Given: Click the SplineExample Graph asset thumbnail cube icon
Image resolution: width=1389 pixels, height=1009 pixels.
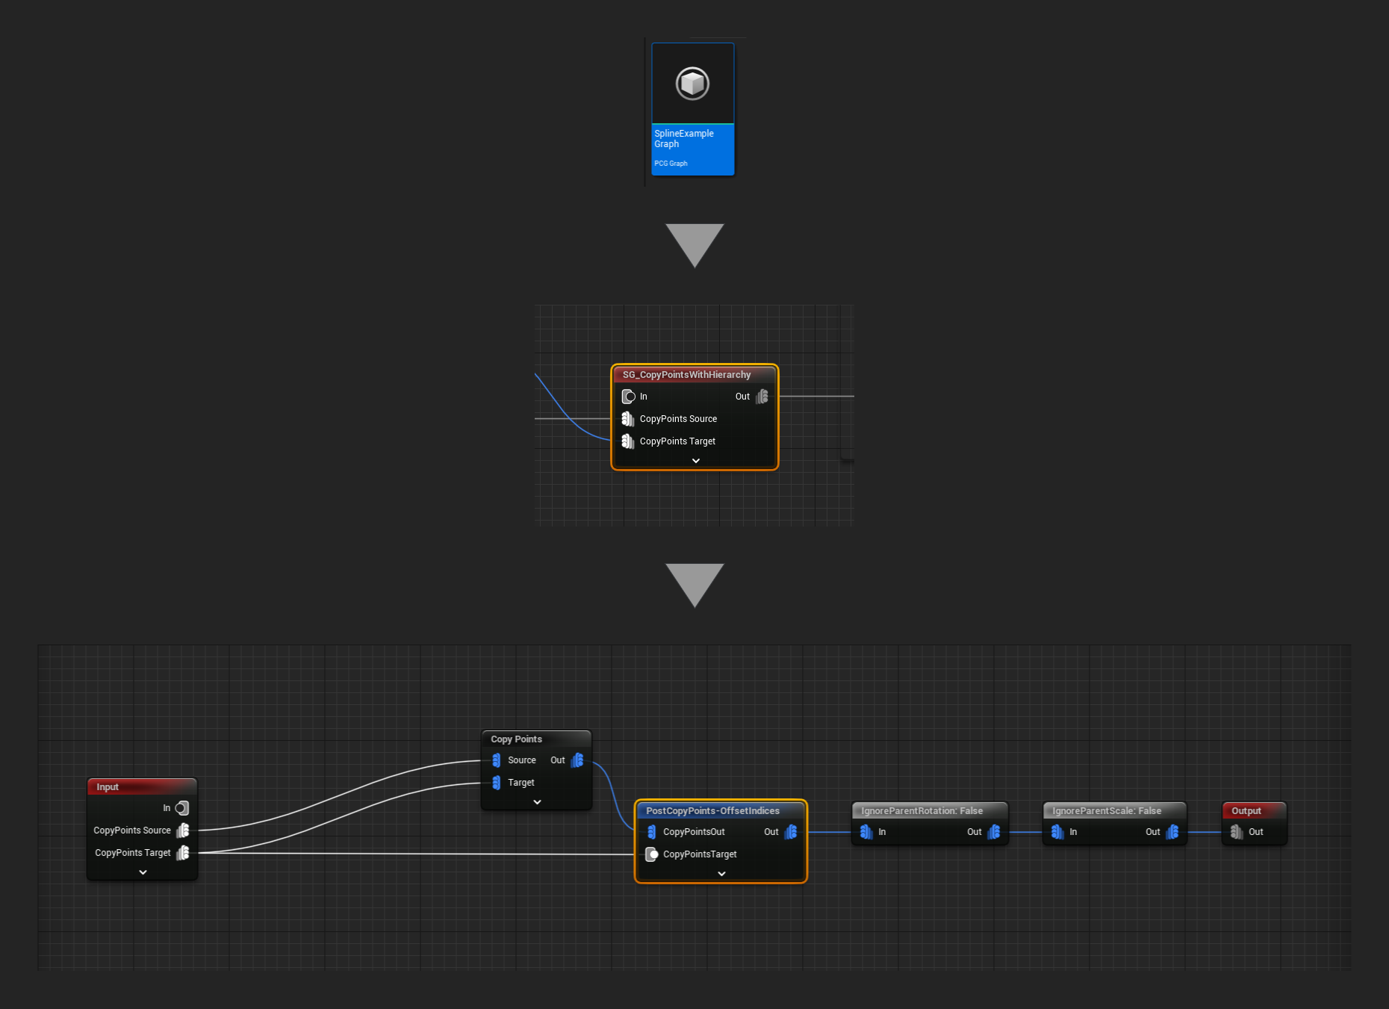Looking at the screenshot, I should click(692, 84).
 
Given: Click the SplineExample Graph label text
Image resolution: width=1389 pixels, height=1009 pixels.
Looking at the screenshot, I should click(683, 139).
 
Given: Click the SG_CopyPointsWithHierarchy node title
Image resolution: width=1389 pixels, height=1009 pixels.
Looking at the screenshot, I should click(686, 375).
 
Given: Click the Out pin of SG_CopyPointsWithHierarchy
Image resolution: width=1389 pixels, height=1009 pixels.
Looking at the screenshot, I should click(762, 397).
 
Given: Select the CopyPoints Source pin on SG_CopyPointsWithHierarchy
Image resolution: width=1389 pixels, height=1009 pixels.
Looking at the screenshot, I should click(628, 419).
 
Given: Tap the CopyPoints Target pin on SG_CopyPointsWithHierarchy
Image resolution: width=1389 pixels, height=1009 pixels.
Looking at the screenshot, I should click(628, 441).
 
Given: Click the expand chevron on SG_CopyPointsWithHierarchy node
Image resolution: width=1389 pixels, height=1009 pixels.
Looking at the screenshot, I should click(695, 461).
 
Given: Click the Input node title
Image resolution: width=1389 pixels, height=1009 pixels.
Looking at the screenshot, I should click(108, 787).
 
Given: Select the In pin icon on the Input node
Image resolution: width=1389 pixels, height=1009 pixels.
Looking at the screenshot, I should click(182, 808).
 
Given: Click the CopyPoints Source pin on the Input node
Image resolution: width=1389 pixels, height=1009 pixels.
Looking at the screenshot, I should click(183, 831).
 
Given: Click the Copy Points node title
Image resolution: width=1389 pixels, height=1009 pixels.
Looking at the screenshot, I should click(516, 739).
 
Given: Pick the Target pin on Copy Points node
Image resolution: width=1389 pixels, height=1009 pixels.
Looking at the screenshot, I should click(497, 783).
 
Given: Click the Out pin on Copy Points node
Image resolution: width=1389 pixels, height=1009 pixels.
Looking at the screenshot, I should click(577, 760).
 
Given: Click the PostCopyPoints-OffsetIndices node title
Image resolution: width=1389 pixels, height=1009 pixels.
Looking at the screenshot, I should click(712, 811).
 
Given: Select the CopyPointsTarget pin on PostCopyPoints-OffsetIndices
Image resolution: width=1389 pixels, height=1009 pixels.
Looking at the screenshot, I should click(652, 854).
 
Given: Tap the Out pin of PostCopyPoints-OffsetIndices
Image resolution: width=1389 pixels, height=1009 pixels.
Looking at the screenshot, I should click(791, 832).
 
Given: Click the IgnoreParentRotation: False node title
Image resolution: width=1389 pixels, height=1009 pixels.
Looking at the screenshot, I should click(922, 811).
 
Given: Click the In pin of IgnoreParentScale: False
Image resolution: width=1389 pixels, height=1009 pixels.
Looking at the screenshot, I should click(1057, 832).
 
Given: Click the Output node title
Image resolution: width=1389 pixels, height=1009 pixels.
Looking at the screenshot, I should click(1246, 811).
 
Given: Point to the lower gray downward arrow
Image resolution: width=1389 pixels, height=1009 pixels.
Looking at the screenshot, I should click(694, 583).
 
